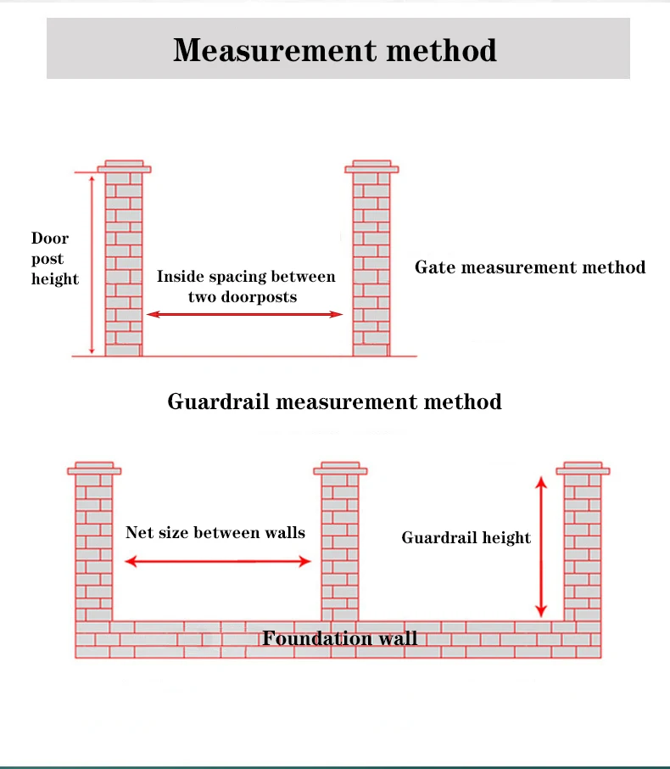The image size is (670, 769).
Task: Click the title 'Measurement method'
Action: pyautogui.click(x=335, y=50)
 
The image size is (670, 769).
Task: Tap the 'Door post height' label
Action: pyautogui.click(x=54, y=259)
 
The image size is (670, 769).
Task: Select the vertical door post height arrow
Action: pyautogui.click(x=92, y=263)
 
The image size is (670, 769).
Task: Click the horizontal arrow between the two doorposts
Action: pyautogui.click(x=244, y=315)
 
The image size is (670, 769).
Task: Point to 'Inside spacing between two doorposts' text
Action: pyautogui.click(x=245, y=287)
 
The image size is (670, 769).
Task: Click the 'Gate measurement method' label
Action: pyautogui.click(x=530, y=267)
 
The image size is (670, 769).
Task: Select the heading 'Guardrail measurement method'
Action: pyautogui.click(x=334, y=401)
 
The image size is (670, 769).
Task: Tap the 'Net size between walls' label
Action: pyautogui.click(x=215, y=533)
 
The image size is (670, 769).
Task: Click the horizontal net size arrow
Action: pyautogui.click(x=219, y=561)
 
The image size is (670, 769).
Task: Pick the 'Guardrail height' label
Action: pyautogui.click(x=466, y=537)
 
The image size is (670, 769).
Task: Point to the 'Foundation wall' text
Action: pyautogui.click(x=339, y=638)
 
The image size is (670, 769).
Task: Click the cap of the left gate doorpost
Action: pyautogui.click(x=124, y=166)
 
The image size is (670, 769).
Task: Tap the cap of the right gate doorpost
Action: pyautogui.click(x=371, y=166)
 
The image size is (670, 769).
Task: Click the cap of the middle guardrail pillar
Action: pyautogui.click(x=340, y=468)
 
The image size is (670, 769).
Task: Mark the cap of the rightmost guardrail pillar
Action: pyautogui.click(x=583, y=468)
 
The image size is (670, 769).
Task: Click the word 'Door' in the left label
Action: pyautogui.click(x=50, y=239)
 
